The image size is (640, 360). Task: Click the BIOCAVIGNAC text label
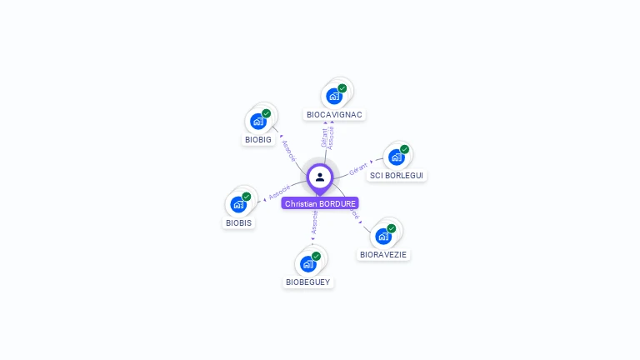coord(334,114)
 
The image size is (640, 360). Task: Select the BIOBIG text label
coord(258,139)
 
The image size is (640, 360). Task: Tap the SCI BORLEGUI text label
coord(397,176)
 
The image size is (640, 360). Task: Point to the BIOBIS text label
coord(239,222)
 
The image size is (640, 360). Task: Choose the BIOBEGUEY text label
coord(308,282)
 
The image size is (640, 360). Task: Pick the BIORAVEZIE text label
coord(384,254)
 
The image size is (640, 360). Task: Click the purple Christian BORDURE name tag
coord(320,203)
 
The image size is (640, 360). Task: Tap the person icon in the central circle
coord(320,177)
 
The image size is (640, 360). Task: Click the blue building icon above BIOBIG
coord(258,122)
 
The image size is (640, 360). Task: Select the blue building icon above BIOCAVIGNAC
coord(334,96)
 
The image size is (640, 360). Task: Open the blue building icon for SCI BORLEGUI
coord(397,157)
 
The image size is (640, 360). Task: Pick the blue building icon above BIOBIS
coord(238,205)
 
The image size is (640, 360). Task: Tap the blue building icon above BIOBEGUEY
coord(308,264)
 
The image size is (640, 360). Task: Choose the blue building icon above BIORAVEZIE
coord(383,236)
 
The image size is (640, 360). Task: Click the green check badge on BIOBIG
coord(267,113)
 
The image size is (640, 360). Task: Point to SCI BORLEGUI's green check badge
coord(405,149)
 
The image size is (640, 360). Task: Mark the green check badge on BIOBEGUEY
coord(317,256)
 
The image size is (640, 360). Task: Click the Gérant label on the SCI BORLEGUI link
coord(358,167)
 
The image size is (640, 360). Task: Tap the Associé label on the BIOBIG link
coord(288,150)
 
